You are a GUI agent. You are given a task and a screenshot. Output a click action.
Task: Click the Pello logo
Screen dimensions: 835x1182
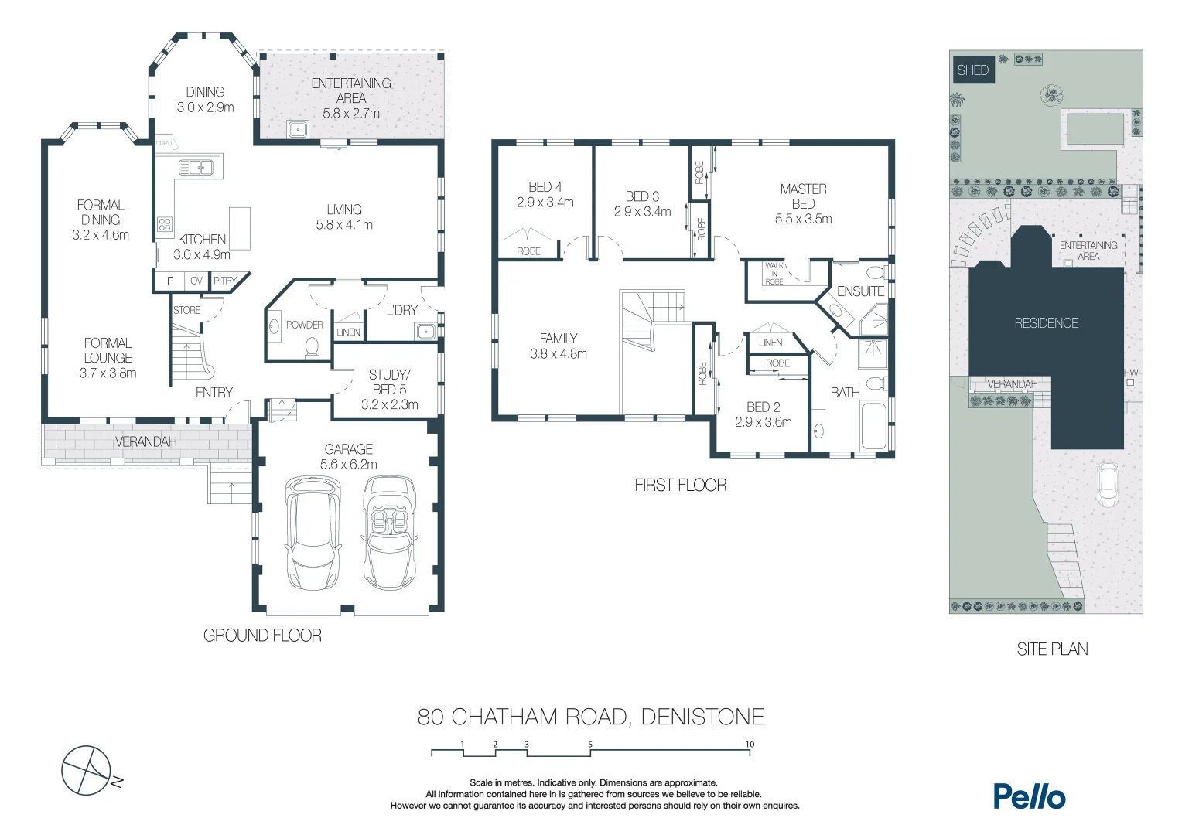pyautogui.click(x=1029, y=796)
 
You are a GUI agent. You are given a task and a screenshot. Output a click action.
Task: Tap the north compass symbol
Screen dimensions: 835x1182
pyautogui.click(x=87, y=770)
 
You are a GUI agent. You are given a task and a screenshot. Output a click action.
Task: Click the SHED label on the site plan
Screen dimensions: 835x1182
pyautogui.click(x=972, y=70)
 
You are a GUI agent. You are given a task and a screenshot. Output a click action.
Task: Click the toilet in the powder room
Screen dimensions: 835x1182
pyautogui.click(x=313, y=347)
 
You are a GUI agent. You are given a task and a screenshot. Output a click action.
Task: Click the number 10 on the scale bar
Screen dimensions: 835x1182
pyautogui.click(x=750, y=745)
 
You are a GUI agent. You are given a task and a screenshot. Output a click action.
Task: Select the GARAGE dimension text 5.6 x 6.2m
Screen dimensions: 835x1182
pyautogui.click(x=349, y=465)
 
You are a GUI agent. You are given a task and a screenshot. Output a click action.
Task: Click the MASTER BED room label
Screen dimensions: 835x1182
pyautogui.click(x=803, y=196)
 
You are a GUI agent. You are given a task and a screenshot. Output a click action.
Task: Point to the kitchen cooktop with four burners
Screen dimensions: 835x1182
pyautogui.click(x=165, y=224)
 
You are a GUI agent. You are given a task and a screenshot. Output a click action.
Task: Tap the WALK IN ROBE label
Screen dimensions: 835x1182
pyautogui.click(x=774, y=274)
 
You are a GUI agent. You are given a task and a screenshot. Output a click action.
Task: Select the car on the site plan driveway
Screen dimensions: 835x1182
pyautogui.click(x=1107, y=485)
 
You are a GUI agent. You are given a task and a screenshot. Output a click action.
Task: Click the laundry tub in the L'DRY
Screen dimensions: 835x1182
pyautogui.click(x=425, y=332)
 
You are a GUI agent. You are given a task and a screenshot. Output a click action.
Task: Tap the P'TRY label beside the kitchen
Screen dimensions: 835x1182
pyautogui.click(x=225, y=281)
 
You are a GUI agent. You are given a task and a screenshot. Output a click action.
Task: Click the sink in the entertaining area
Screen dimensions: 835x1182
pyautogui.click(x=298, y=129)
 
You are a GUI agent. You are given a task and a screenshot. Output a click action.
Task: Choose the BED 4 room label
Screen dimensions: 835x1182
pyautogui.click(x=545, y=187)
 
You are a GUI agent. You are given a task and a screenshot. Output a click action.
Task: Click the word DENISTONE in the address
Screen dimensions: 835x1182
pyautogui.click(x=702, y=717)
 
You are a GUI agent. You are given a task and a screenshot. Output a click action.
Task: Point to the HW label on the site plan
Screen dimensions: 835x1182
pyautogui.click(x=1131, y=373)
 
